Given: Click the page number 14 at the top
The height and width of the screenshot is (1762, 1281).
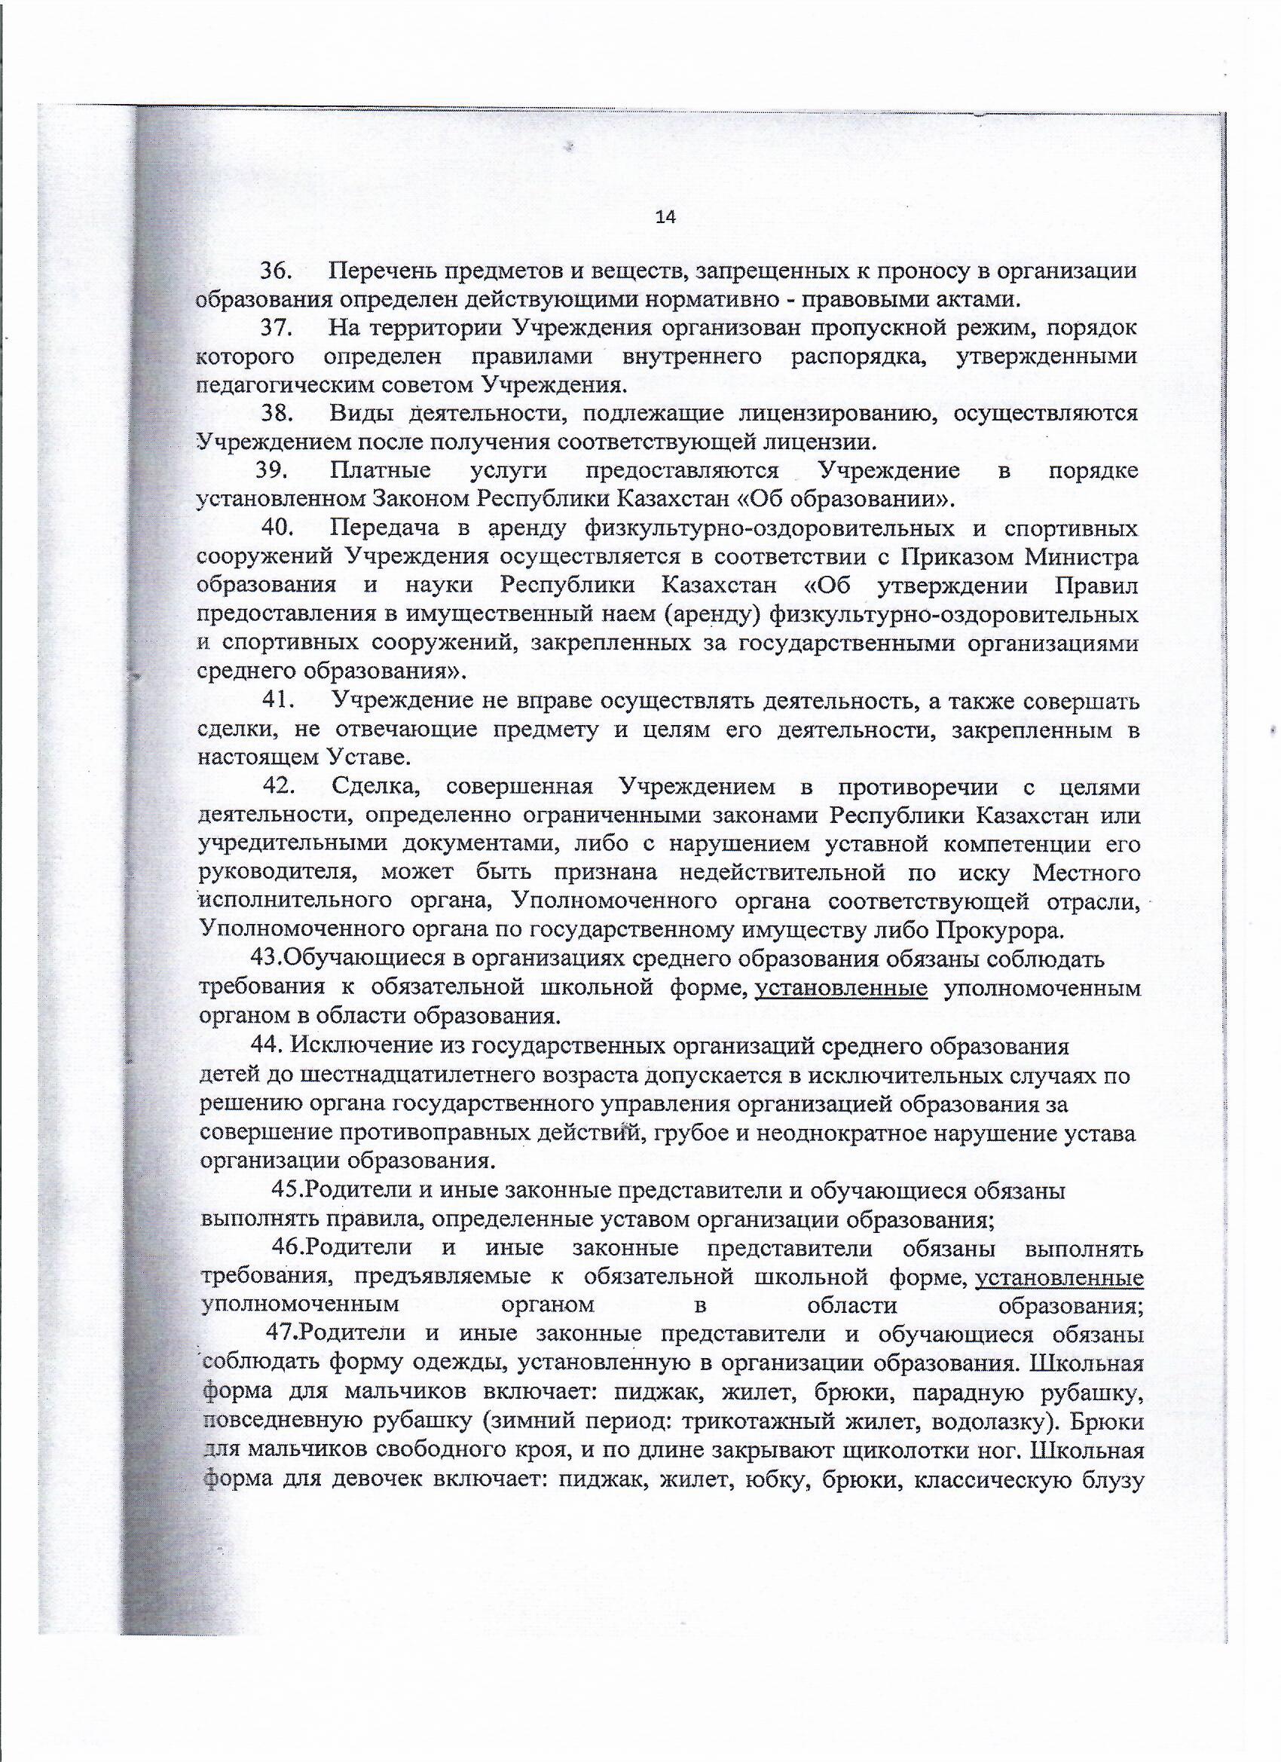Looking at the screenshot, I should (x=666, y=218).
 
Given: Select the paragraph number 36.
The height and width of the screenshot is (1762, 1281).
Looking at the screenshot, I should (x=275, y=271).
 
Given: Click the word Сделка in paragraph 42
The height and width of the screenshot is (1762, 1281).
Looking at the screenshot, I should (x=376, y=787).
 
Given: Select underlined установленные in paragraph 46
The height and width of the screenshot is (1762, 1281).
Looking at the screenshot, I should (x=1059, y=1277).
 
